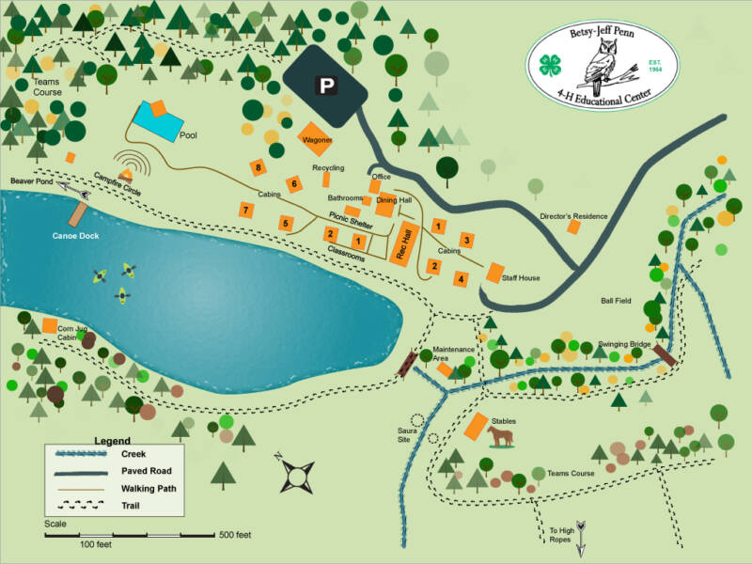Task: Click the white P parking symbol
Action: [x=326, y=86]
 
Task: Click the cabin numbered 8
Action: [x=257, y=167]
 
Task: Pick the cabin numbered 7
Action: [x=244, y=210]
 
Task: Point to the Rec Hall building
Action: [x=404, y=243]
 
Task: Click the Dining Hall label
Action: [x=393, y=200]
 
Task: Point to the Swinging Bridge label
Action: [x=625, y=345]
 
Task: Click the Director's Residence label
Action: [x=572, y=217]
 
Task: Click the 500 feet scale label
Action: [x=235, y=535]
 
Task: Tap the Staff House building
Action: [x=494, y=273]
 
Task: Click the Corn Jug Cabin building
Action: [x=49, y=325]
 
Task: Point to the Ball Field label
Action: [x=617, y=302]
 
